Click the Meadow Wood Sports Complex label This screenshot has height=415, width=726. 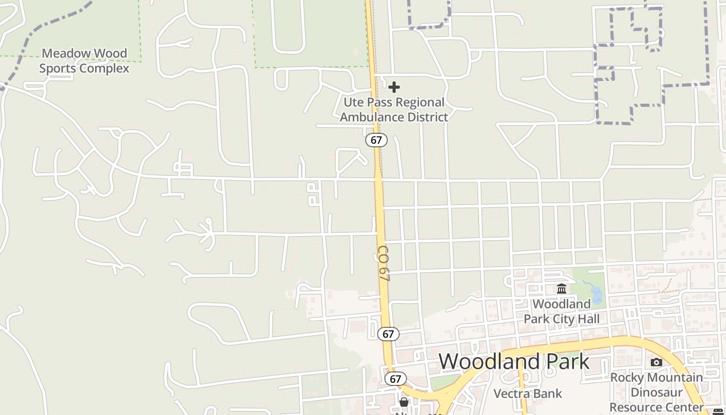tap(84, 61)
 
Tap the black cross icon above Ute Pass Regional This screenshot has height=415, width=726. tap(394, 87)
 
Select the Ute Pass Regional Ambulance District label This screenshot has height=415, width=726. tap(394, 109)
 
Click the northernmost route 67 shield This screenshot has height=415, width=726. tap(376, 140)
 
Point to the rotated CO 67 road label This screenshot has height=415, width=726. tap(384, 264)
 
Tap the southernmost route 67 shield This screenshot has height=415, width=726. tap(395, 379)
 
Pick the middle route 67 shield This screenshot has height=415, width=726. tap(388, 334)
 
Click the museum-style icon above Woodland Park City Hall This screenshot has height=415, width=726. tap(562, 288)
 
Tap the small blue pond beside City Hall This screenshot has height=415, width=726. tap(595, 295)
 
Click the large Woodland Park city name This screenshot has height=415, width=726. tap(514, 361)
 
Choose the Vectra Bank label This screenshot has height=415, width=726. tap(527, 393)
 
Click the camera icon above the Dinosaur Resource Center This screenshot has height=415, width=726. tap(657, 362)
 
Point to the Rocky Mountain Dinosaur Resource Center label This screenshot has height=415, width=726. tap(657, 392)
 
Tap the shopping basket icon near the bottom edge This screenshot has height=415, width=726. tap(404, 402)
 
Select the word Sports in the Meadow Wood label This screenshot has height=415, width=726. tap(59, 68)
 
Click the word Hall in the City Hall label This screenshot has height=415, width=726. tap(589, 319)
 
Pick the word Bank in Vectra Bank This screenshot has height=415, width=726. tap(549, 393)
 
